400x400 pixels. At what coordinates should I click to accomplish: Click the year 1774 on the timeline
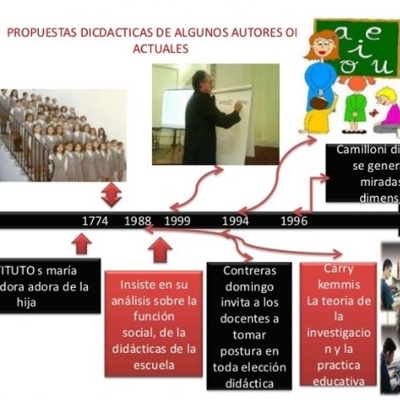point(96,221)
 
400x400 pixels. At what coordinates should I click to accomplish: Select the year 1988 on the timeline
point(138,221)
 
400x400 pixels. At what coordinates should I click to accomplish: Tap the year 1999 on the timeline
point(178,221)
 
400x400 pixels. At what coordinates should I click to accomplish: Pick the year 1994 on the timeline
point(236,221)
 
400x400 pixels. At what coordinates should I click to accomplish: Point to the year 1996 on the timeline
point(294,221)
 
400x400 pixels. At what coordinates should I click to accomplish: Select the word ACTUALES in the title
point(161,48)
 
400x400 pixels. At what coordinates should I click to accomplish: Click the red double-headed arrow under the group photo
point(111,192)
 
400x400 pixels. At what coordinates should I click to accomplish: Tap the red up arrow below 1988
point(160,249)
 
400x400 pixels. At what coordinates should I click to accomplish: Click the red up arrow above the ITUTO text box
point(82,243)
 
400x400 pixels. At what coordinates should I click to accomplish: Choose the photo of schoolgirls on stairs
point(62,135)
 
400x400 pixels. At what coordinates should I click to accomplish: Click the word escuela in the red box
point(153,364)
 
